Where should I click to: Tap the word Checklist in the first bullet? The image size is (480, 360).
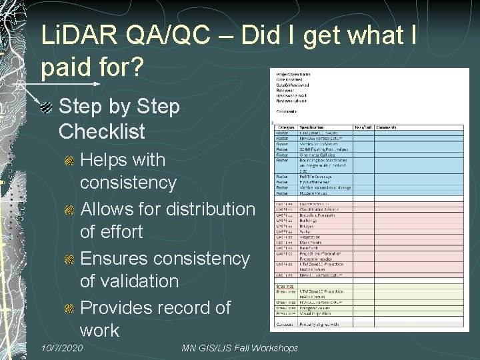pos(101,131)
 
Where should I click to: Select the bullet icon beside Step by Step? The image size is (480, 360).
pos(47,107)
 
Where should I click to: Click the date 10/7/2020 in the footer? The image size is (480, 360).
pos(61,348)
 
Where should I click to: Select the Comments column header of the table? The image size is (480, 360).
pos(386,127)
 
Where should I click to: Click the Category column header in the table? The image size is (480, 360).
pos(286,127)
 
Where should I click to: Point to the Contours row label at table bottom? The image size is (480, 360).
pos(285,324)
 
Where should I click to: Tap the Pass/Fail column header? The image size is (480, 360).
pos(363,127)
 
